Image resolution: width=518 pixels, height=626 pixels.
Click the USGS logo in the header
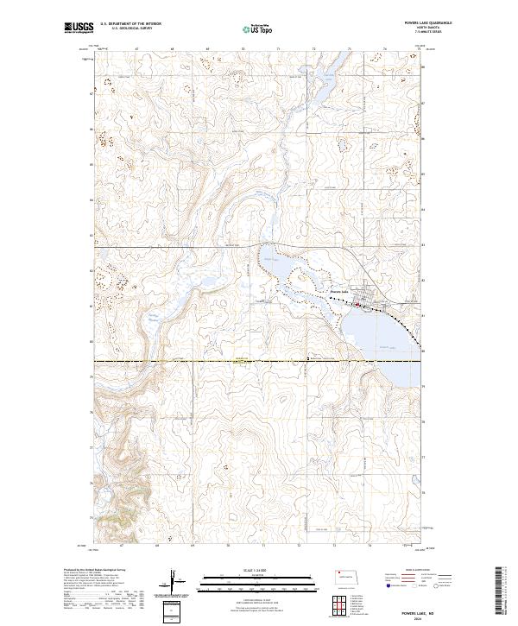click(79, 28)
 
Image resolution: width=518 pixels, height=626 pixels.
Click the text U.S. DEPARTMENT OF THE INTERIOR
click(132, 23)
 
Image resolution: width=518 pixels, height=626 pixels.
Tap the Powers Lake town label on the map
click(338, 293)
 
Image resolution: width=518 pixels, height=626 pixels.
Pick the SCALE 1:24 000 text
click(258, 569)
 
